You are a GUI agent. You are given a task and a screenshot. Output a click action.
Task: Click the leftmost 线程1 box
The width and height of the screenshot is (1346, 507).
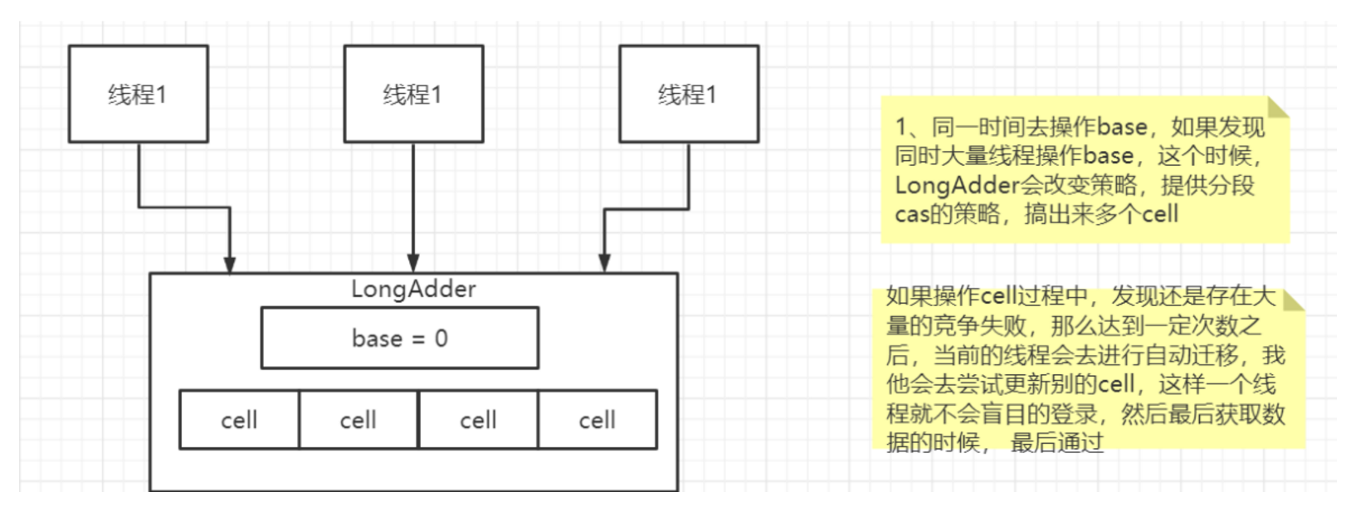pyautogui.click(x=138, y=94)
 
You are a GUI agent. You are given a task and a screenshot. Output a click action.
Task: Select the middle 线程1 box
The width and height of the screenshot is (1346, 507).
pyautogui.click(x=413, y=94)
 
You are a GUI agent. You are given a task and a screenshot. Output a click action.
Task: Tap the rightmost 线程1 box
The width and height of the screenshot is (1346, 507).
pyautogui.click(x=688, y=94)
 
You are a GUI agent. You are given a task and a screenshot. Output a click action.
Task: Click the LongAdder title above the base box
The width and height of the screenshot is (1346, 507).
pyautogui.click(x=413, y=289)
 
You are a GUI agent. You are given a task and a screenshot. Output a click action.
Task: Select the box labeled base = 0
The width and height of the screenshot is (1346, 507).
pyautogui.click(x=399, y=338)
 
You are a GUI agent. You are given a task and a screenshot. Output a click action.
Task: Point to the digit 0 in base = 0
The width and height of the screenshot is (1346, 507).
pyautogui.click(x=441, y=339)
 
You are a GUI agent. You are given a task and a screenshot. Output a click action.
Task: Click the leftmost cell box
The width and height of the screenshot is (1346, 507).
pyautogui.click(x=239, y=420)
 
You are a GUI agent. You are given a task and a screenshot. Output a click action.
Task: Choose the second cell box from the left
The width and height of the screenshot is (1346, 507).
pyautogui.click(x=358, y=420)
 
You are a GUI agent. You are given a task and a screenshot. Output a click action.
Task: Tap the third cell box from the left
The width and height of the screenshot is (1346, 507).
pyautogui.click(x=478, y=420)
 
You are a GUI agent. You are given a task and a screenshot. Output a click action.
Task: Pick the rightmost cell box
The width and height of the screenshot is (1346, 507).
pyautogui.click(x=597, y=420)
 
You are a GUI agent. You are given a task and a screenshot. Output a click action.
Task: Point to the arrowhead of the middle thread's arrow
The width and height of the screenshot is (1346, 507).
pyautogui.click(x=413, y=264)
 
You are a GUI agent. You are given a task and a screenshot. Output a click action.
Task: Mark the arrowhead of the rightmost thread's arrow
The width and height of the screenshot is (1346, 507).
pyautogui.click(x=605, y=264)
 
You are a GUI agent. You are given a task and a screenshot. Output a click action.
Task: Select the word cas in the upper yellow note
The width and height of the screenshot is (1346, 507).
pyautogui.click(x=911, y=214)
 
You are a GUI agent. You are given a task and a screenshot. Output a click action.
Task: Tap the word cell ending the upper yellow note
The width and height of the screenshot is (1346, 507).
pyautogui.click(x=1160, y=214)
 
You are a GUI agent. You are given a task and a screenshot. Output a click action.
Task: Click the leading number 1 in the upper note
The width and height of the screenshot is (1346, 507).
pyautogui.click(x=901, y=127)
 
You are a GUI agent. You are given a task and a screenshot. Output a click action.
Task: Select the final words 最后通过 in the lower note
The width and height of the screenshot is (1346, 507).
pyautogui.click(x=1056, y=443)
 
